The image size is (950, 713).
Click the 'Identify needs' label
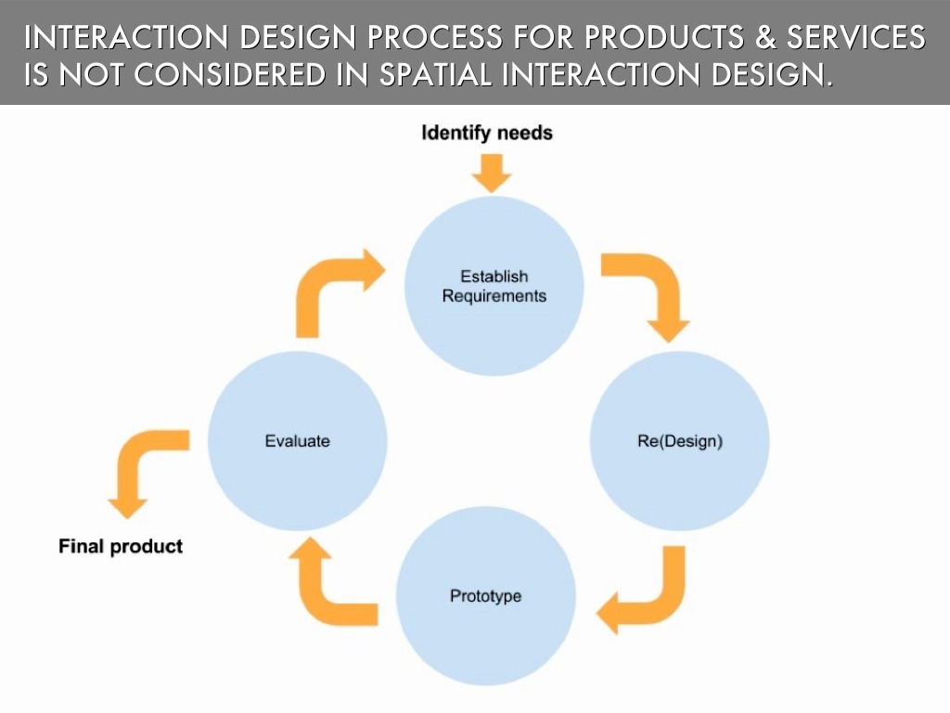point(486,133)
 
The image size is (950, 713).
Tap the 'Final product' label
point(121,546)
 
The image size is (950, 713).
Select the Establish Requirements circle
point(494,286)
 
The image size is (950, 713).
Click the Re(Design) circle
point(679,441)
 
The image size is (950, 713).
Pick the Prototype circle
point(485,595)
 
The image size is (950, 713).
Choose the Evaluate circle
point(297,441)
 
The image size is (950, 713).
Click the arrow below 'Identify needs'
point(492,173)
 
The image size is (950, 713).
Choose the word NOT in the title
point(89,75)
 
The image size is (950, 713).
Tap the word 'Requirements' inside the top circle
point(494,297)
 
